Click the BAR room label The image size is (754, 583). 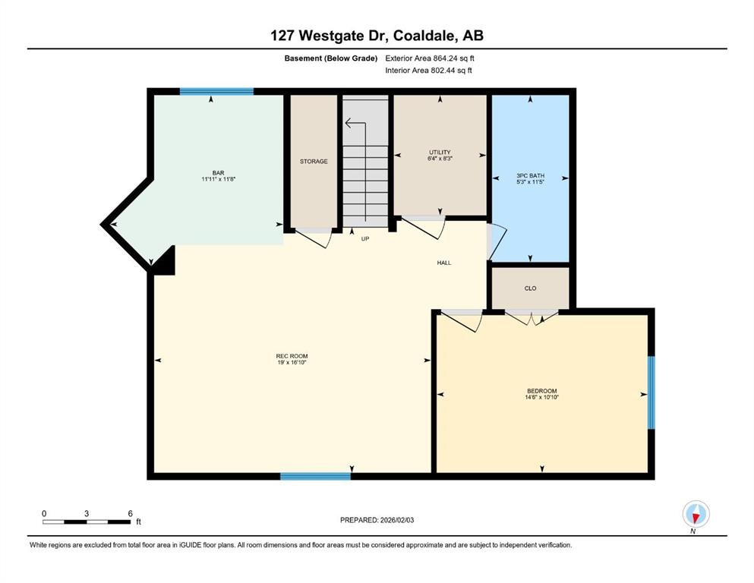218,172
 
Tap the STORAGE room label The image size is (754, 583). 314,161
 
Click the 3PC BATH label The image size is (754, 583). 530,175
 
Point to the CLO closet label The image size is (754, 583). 530,288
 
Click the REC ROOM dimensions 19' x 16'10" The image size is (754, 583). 292,363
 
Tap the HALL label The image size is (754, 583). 444,263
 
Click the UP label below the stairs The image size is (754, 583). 365,238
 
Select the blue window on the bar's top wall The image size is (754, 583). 216,91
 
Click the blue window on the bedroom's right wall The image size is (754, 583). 651,392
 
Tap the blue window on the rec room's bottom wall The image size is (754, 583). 315,476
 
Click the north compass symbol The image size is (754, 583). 696,515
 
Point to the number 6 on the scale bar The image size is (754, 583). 130,513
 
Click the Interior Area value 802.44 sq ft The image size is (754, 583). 439,71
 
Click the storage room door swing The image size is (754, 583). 316,238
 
